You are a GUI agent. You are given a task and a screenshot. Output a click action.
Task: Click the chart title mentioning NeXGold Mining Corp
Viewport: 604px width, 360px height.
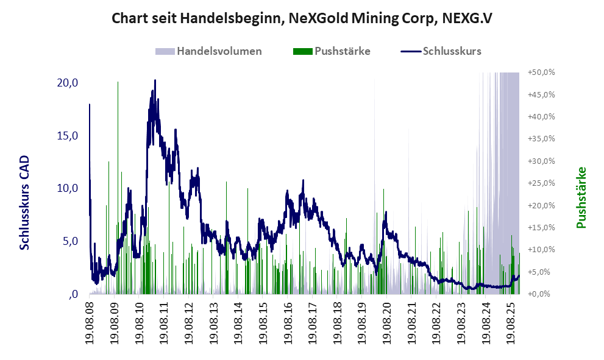coord(302,19)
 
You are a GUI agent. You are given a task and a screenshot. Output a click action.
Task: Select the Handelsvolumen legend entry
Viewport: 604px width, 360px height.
coord(219,51)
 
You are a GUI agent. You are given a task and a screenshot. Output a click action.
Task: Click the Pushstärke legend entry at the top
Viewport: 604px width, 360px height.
coord(342,51)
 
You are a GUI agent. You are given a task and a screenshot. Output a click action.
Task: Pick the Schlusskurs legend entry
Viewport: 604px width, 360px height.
coord(452,51)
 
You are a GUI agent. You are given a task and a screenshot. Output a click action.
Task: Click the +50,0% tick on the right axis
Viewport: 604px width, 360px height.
coord(541,72)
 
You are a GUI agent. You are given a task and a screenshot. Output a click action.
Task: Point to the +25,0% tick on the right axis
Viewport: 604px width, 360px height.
coord(541,183)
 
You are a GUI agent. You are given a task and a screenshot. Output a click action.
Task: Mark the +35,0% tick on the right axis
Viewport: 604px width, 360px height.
coord(541,139)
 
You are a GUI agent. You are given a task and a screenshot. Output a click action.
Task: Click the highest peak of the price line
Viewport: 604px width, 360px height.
coord(155,80)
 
